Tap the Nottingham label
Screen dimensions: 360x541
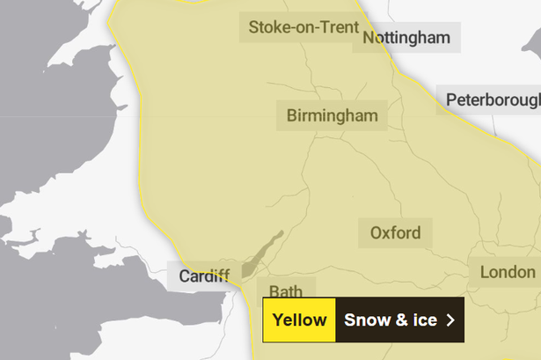click(x=406, y=38)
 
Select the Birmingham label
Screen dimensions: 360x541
click(x=332, y=115)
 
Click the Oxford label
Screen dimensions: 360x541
click(x=395, y=233)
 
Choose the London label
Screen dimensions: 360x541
click(x=507, y=272)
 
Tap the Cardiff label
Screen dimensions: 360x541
click(x=204, y=276)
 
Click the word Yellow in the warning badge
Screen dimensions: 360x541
click(x=299, y=320)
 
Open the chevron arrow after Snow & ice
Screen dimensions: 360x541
click(x=451, y=320)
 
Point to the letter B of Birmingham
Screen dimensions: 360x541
click(x=292, y=115)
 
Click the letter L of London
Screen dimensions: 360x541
click(x=484, y=272)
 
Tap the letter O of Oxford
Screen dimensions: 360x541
click(x=377, y=233)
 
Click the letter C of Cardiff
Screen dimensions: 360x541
click(x=184, y=276)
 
